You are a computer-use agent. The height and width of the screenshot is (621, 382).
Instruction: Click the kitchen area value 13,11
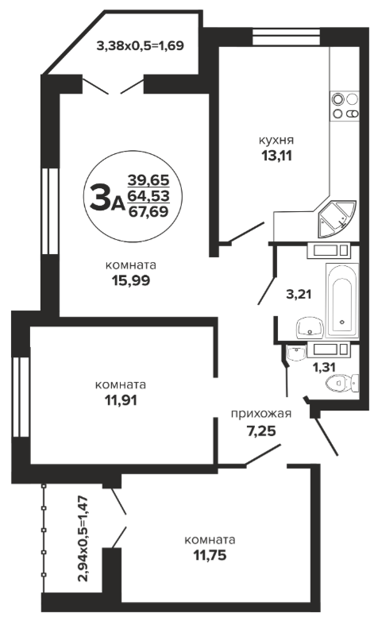[276, 156]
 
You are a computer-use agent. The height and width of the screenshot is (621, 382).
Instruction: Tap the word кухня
[276, 141]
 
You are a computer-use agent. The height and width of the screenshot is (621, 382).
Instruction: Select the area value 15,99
[131, 281]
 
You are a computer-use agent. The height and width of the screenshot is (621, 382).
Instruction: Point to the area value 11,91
[121, 400]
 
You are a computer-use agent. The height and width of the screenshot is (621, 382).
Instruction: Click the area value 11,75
[210, 555]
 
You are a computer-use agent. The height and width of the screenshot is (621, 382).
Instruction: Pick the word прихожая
[261, 415]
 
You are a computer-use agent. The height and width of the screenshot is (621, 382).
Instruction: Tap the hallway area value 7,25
[261, 430]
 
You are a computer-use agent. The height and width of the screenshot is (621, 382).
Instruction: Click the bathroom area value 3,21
[299, 295]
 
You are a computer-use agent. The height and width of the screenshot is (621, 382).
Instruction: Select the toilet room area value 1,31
[324, 368]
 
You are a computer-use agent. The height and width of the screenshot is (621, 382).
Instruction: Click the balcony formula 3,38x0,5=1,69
[141, 45]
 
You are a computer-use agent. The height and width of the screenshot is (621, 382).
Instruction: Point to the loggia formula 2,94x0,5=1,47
[83, 538]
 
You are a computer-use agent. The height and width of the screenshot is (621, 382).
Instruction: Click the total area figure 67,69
[149, 211]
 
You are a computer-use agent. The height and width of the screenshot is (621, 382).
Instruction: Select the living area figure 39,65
[149, 180]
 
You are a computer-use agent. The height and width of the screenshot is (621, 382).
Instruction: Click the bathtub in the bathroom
[342, 301]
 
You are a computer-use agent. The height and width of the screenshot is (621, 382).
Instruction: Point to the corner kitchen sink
[336, 218]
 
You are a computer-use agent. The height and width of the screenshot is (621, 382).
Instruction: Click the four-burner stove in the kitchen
[345, 106]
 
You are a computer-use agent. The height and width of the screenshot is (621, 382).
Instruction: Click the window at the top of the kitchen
[286, 37]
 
